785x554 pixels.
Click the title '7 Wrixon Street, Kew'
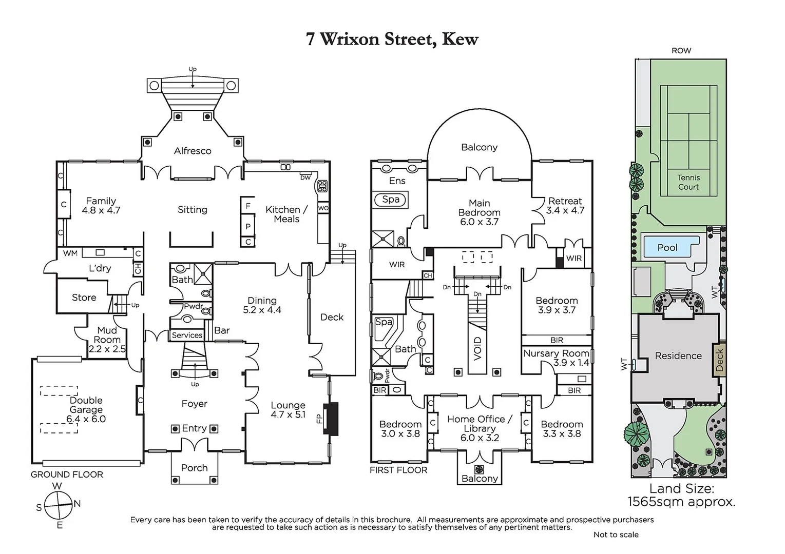(392, 39)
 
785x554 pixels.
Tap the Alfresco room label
(193, 151)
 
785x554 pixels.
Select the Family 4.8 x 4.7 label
(101, 205)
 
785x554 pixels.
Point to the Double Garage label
(86, 409)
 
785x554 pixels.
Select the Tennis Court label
(688, 182)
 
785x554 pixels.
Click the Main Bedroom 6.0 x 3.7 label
(479, 212)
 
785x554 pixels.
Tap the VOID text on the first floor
(477, 348)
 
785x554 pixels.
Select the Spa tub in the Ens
(391, 200)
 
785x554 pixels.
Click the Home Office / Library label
(479, 428)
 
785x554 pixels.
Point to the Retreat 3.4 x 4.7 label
(565, 205)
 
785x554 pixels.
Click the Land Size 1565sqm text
(681, 495)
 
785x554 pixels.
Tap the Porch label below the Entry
(194, 468)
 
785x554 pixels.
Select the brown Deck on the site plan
(719, 359)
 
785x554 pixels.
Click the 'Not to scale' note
(616, 535)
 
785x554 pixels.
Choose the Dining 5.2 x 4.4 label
(262, 305)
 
